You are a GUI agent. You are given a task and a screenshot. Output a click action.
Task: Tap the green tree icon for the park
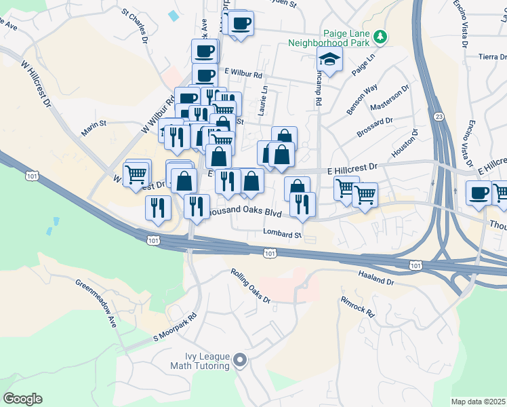coord(382,35)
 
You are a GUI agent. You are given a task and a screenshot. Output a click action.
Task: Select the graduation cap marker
coord(330,61)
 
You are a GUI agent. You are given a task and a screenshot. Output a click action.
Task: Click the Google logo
coord(22,399)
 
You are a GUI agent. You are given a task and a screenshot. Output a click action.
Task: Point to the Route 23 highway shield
coord(440,117)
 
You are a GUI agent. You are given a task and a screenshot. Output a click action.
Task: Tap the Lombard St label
coord(283,235)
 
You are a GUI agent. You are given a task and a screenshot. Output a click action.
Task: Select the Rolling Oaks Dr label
coord(250,286)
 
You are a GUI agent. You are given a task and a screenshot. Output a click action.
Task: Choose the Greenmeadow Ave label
coord(96,303)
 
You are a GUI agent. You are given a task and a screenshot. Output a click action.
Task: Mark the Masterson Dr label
coord(390,98)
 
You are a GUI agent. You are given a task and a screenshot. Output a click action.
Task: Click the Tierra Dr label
coord(492,57)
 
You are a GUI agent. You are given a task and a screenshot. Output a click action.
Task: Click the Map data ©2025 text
coord(479,402)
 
